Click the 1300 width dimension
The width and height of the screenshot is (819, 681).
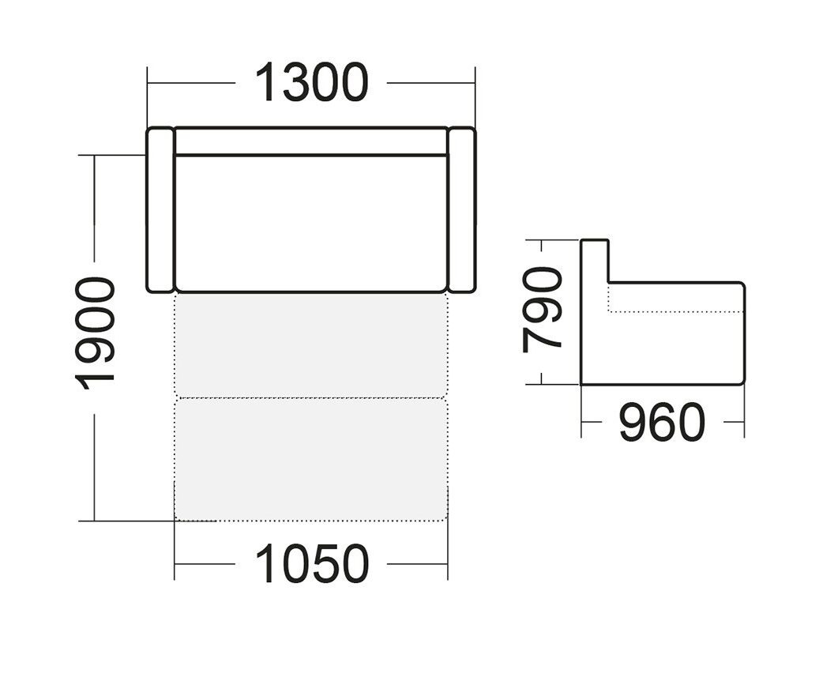[312, 83]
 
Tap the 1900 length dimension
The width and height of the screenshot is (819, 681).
[95, 333]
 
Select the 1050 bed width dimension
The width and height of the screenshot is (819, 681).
[312, 564]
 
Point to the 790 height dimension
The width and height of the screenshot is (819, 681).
[542, 310]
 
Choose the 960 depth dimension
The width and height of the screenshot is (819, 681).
[662, 421]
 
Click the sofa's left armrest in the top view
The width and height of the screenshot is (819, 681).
[160, 209]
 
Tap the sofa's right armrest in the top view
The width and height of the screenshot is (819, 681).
[462, 209]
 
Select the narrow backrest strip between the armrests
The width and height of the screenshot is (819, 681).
[311, 141]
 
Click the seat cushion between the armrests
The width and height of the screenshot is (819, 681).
[311, 224]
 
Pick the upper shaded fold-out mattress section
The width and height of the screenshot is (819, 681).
[311, 345]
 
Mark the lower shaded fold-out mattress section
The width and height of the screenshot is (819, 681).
[311, 460]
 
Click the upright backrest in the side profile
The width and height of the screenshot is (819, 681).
[595, 261]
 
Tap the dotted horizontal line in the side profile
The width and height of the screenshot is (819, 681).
[676, 312]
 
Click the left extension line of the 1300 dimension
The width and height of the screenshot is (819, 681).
[148, 97]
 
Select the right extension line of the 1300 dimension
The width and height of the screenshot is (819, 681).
[475, 97]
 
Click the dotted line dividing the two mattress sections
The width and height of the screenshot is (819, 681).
[311, 398]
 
